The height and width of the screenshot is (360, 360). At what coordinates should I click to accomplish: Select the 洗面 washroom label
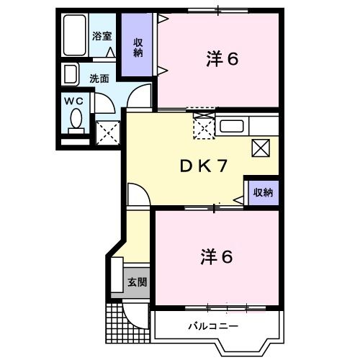point(99,78)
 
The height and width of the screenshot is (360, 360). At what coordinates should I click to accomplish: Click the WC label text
point(75,102)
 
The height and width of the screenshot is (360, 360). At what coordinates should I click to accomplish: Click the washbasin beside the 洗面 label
point(71,75)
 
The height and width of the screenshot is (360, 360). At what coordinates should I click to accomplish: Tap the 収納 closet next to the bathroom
point(137,47)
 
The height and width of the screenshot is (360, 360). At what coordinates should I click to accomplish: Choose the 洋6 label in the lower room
point(216,256)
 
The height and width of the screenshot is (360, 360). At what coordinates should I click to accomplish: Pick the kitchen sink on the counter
point(233,127)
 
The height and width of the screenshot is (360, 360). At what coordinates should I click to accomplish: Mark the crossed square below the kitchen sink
point(261,148)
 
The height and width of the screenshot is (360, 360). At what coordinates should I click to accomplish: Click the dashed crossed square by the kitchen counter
point(204,127)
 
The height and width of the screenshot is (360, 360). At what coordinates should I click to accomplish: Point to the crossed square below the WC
point(108,132)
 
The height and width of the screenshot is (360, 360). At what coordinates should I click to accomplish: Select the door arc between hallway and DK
point(137,192)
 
